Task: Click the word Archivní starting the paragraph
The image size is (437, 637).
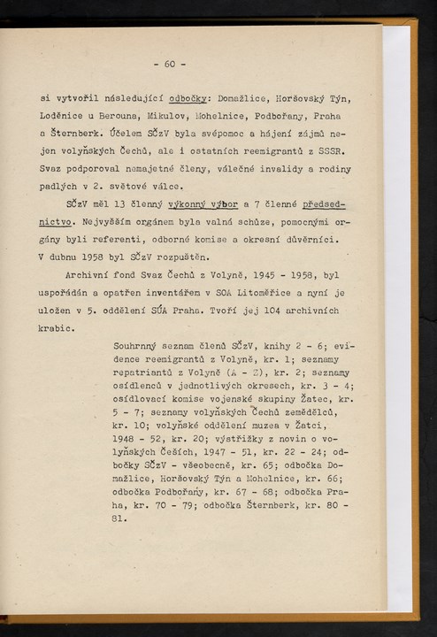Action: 93,275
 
